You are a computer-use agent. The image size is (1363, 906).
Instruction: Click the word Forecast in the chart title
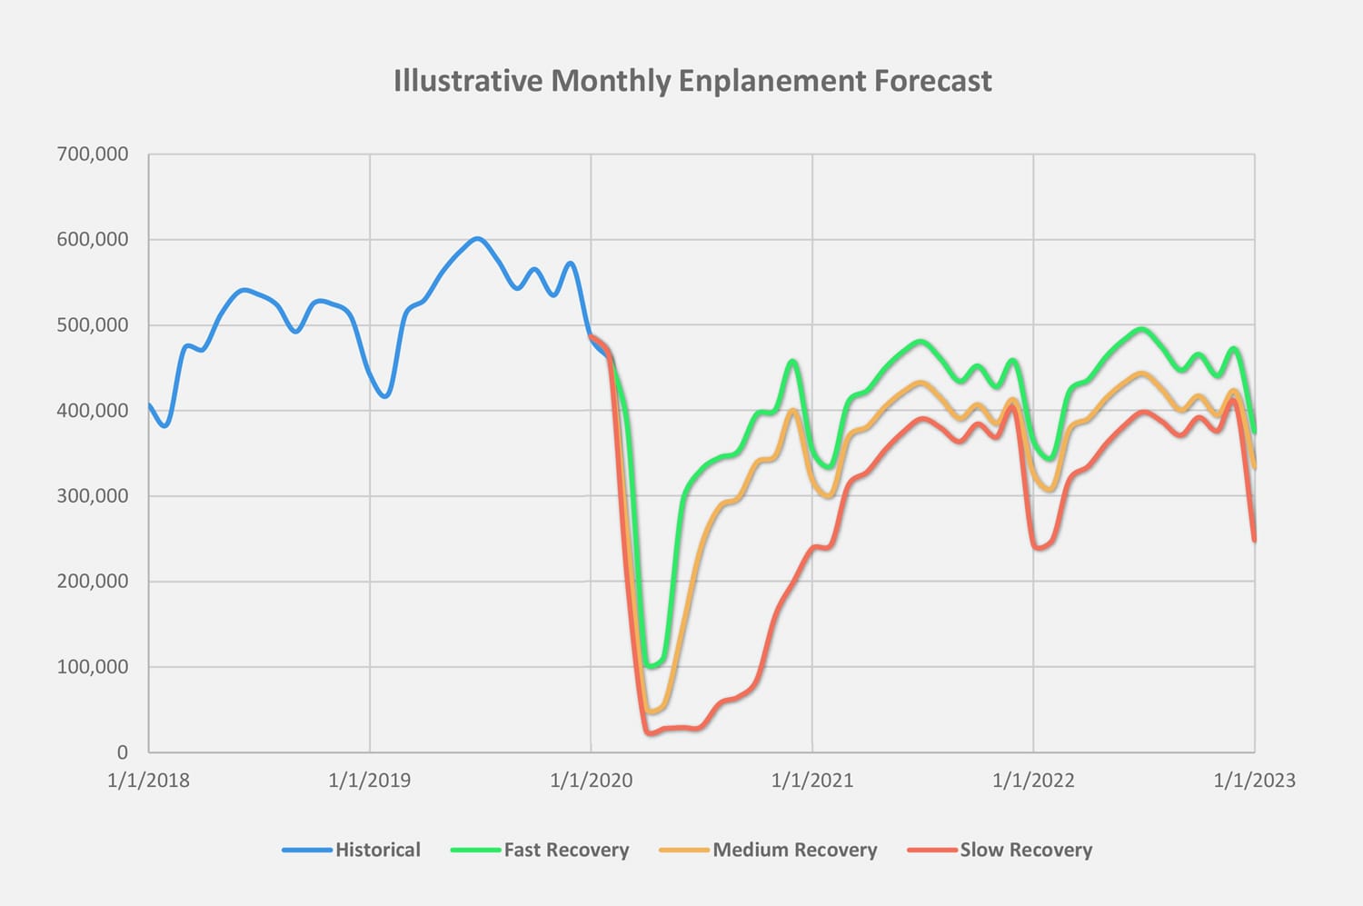pyautogui.click(x=932, y=81)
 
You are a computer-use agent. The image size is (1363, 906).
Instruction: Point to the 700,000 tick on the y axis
pyautogui.click(x=93, y=154)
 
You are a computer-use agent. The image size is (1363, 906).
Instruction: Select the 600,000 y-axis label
pyautogui.click(x=93, y=240)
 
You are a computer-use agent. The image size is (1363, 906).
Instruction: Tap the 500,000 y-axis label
pyautogui.click(x=93, y=325)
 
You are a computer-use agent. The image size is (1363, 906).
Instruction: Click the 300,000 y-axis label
pyautogui.click(x=93, y=496)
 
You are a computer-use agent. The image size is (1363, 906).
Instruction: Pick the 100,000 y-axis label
pyautogui.click(x=93, y=667)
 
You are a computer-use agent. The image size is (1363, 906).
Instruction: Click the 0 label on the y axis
pyautogui.click(x=123, y=752)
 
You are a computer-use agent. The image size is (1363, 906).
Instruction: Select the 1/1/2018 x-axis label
pyautogui.click(x=148, y=781)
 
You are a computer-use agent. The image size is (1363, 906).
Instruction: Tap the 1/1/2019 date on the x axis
pyautogui.click(x=369, y=781)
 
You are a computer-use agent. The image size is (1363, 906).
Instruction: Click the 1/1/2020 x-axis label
pyautogui.click(x=591, y=781)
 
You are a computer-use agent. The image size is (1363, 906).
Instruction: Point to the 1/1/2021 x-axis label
pyautogui.click(x=812, y=781)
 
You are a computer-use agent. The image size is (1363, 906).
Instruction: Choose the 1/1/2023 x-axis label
pyautogui.click(x=1254, y=781)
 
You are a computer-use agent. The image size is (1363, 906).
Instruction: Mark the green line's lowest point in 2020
pyautogui.click(x=651, y=666)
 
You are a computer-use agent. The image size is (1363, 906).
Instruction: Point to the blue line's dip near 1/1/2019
pyautogui.click(x=385, y=396)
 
